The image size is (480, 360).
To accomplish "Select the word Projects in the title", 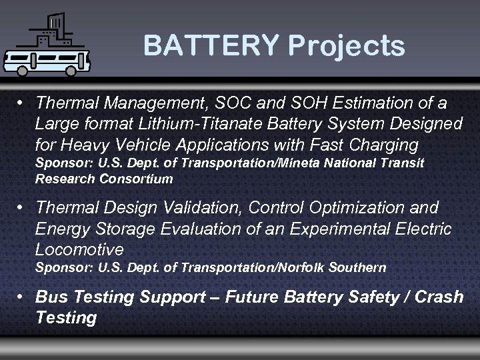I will pyautogui.click(x=346, y=46).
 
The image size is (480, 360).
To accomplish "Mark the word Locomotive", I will pyautogui.click(x=79, y=249).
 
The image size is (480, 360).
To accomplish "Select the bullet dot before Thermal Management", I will pyautogui.click(x=23, y=104).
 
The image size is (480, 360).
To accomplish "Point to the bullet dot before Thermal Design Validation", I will pyautogui.click(x=23, y=208).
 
